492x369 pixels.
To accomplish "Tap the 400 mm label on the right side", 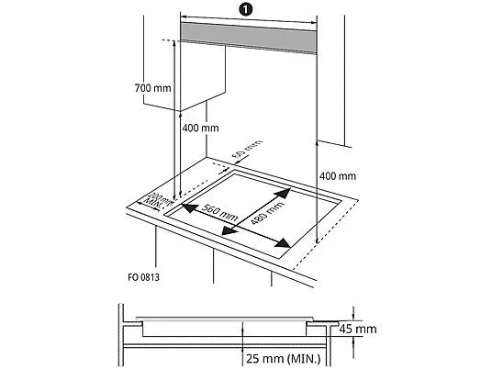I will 337,175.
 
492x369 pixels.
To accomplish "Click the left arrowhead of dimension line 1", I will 183,17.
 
